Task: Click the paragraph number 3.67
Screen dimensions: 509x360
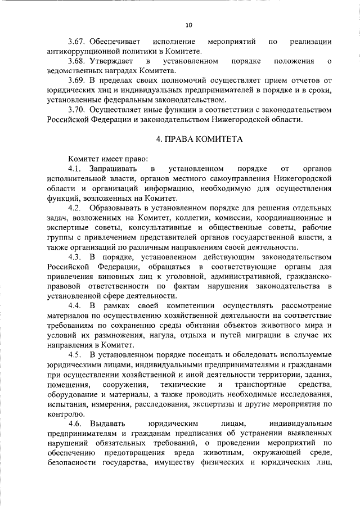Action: tap(76, 42)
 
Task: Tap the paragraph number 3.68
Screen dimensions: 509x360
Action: tap(76, 61)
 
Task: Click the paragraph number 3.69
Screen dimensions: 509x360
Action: tap(76, 80)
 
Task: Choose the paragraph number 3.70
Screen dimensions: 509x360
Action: tap(76, 110)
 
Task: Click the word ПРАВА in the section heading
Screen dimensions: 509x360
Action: tap(180, 139)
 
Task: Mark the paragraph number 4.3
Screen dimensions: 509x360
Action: tap(76, 256)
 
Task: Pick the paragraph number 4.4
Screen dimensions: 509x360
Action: tap(76, 305)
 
